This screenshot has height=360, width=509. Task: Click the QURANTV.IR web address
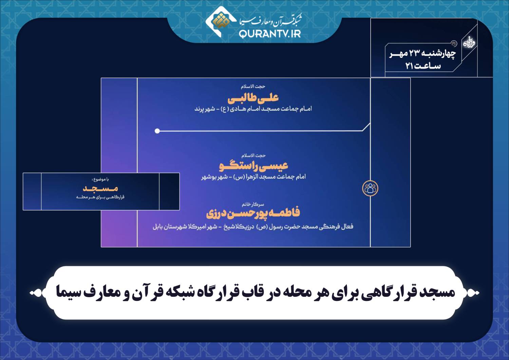point(270,34)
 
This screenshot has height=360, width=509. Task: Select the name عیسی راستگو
point(253,166)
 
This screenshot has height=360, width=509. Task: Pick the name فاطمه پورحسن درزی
point(253,213)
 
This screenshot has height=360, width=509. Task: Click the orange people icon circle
point(370,188)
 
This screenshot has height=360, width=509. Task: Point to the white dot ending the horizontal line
point(157,131)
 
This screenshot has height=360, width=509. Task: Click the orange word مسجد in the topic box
point(100,188)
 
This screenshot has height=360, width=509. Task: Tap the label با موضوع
point(100,179)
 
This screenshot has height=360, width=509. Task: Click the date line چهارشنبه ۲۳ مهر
point(423,54)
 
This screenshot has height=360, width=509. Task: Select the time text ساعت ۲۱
point(423,66)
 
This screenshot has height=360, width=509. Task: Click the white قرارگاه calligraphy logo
point(469,42)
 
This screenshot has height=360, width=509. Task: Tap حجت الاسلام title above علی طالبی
point(253,86)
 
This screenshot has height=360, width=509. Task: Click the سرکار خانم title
point(253,204)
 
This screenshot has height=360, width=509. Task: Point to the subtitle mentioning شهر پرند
point(253,109)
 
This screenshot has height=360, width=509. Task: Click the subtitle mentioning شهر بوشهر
point(253,177)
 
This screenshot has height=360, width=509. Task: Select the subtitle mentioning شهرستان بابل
point(253,227)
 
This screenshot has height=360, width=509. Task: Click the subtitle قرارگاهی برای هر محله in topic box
point(100,197)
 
